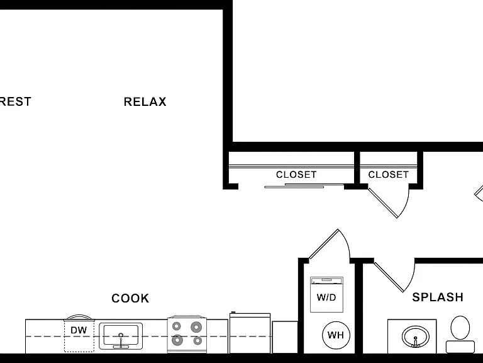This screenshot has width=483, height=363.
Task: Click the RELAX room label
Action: (x=145, y=101)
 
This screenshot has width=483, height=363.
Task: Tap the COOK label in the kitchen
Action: (x=130, y=298)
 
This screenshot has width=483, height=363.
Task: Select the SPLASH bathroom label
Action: (x=438, y=297)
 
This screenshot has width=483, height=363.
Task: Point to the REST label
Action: (x=15, y=101)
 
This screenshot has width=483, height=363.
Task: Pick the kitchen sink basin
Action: (x=121, y=336)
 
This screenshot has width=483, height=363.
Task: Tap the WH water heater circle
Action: (x=336, y=335)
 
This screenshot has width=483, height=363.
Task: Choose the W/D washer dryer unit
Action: (x=326, y=295)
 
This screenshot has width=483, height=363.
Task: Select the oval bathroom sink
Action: (x=416, y=337)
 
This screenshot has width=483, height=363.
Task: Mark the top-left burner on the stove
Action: (x=177, y=326)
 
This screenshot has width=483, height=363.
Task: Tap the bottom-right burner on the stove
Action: (x=197, y=341)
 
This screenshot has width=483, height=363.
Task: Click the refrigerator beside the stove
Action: (x=250, y=333)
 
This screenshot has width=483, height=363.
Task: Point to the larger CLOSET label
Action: (x=296, y=175)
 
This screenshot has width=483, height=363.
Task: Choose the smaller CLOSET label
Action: (x=389, y=175)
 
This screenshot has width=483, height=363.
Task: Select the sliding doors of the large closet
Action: (x=304, y=185)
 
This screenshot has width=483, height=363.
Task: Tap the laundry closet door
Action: (x=323, y=244)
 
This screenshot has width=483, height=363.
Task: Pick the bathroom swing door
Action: (x=389, y=277)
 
